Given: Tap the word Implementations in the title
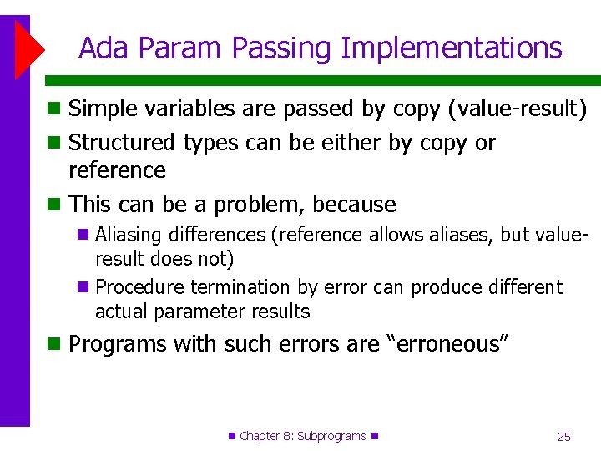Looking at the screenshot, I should coord(451,48).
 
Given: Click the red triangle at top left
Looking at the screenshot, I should coord(29,49).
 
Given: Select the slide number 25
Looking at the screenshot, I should coord(563,436).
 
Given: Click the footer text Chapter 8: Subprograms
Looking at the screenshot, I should coord(303,436).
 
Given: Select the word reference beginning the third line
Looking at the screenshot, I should coord(117,170).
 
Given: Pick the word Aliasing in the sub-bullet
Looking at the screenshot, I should coord(127,236).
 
